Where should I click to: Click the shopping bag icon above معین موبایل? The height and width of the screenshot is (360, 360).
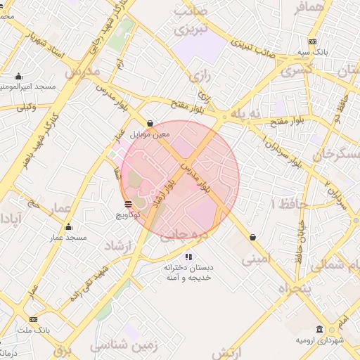150,122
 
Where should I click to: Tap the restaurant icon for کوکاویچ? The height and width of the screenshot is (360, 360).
127,205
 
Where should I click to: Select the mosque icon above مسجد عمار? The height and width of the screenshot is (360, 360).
68,227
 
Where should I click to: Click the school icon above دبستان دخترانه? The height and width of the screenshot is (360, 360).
188,257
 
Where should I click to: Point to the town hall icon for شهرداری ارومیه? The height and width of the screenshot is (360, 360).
320,330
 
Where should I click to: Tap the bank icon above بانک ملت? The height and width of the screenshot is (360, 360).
33,320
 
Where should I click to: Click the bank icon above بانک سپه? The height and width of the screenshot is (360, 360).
312,41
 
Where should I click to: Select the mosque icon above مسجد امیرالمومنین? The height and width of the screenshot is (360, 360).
18,76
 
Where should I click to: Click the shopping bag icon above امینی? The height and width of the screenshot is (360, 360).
252,238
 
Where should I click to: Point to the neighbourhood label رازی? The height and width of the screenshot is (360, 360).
199,72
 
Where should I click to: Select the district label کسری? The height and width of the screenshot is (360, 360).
296,71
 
